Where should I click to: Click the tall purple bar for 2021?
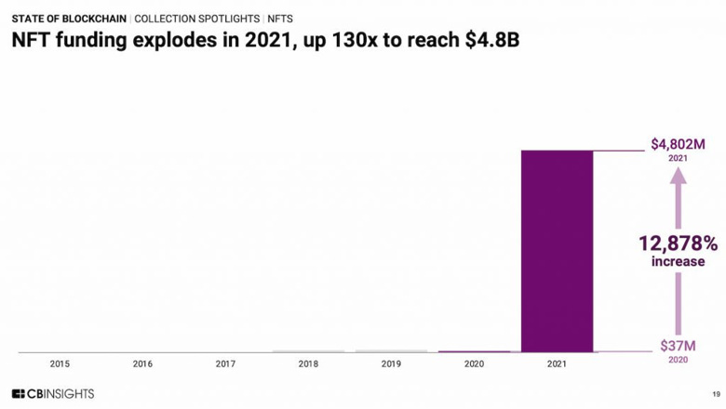pos(557,251)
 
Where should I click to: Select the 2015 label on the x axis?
pos(60,363)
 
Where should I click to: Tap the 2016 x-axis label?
pos(142,363)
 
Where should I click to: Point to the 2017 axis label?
pos(225,363)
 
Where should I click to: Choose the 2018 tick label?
pos(308,363)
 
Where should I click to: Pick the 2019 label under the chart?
pos(391,363)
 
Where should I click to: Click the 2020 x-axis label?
pos(474,363)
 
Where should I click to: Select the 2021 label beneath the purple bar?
pos(557,363)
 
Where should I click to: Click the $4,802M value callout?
pos(678,144)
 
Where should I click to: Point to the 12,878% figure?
pos(678,244)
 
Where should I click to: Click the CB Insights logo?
pos(53,393)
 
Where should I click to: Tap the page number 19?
pos(715,394)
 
